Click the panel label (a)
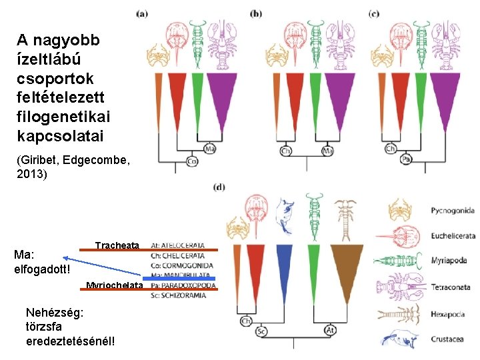142,13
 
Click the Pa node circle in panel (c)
406,159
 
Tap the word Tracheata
117,245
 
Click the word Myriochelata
115,286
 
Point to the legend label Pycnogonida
453,211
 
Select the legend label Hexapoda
448,313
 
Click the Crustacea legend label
447,339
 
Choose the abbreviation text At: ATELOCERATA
178,245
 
